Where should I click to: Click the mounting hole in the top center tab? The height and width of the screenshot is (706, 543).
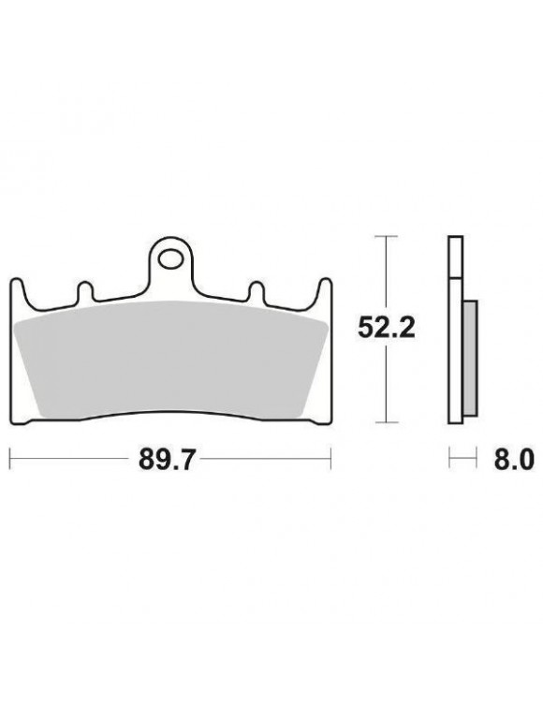[x=170, y=255]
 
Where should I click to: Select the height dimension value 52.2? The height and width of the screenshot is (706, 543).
[x=385, y=328]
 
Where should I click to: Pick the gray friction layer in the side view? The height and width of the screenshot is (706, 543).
[x=470, y=348]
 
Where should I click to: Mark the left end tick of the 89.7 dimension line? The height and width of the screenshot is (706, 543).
[x=9, y=459]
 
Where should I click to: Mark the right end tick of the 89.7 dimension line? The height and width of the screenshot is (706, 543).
[x=330, y=459]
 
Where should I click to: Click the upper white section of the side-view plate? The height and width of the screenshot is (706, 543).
[x=455, y=257]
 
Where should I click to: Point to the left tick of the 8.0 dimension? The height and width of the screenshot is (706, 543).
[x=449, y=459]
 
